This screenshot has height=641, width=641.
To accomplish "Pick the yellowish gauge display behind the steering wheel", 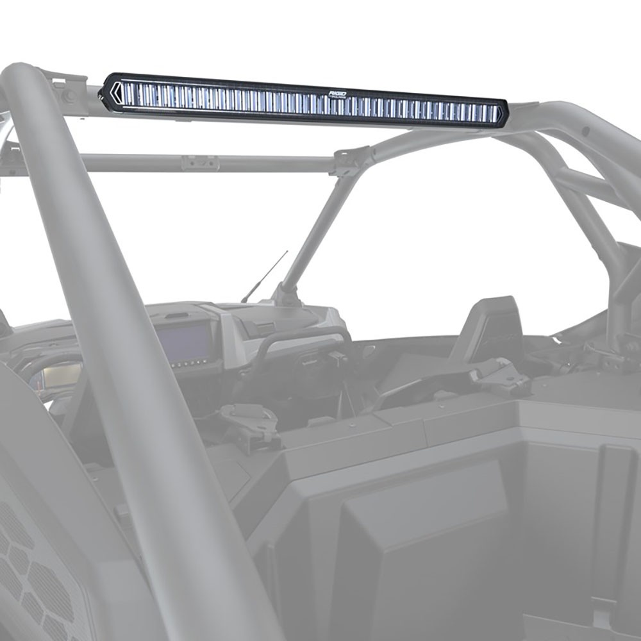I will coord(54,379).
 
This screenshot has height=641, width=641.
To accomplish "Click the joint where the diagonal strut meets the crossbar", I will coord(352,161).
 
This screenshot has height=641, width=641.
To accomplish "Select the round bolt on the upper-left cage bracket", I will coord(67,96).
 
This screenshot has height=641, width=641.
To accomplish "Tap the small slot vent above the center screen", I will coord(179,315).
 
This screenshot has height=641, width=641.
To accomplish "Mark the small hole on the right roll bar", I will coord(586,131).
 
